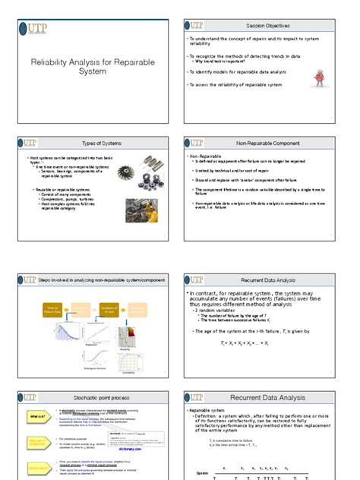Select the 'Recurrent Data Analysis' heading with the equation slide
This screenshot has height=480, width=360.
tap(269, 279)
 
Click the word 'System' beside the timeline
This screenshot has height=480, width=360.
tap(203, 472)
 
